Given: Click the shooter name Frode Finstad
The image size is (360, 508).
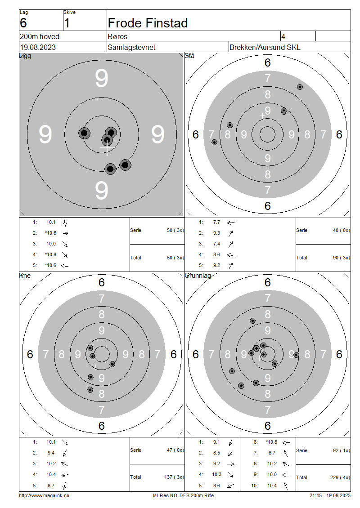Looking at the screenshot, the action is (x=148, y=23).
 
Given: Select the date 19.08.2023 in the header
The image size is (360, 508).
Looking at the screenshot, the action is (x=38, y=47).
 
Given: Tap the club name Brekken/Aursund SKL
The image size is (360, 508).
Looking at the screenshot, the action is (x=265, y=47).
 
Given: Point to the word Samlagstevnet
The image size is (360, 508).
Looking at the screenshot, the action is (x=131, y=47).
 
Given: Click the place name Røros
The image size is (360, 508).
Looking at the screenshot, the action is (x=117, y=36).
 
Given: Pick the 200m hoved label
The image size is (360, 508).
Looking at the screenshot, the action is (x=40, y=36).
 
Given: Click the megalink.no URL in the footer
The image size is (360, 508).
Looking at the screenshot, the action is (x=44, y=495).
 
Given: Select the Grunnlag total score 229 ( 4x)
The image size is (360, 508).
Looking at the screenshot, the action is (x=341, y=477).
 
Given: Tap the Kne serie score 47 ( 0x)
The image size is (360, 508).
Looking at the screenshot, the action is (x=175, y=450).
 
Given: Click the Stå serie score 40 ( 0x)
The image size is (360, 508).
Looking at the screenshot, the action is (x=342, y=230).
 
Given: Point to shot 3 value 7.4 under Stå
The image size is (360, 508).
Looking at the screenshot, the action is (x=216, y=244).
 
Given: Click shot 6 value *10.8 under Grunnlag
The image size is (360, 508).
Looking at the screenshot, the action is (x=271, y=442).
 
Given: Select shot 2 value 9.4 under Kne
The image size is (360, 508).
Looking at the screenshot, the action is (x=51, y=453).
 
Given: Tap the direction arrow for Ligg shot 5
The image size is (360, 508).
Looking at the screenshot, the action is (x=64, y=266).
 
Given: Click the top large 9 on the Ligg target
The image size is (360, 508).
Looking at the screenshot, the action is (x=102, y=78).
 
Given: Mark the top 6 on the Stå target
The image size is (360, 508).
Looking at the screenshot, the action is (x=268, y=62).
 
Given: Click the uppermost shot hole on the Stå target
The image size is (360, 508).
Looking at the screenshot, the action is (x=300, y=87).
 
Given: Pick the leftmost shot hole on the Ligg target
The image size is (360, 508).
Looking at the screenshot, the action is (x=84, y=133).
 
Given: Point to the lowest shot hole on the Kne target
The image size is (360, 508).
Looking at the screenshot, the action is (x=90, y=389).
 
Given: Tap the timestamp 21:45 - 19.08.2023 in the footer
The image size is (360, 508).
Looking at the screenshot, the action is (x=330, y=495).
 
